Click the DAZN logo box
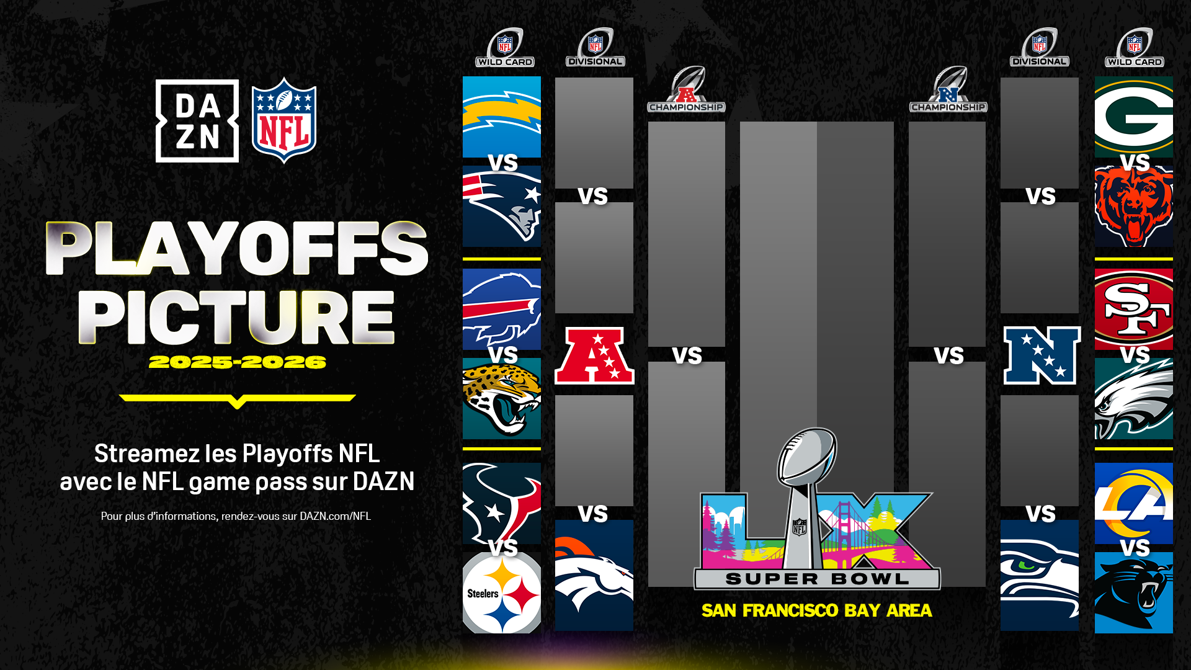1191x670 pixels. point(197,121)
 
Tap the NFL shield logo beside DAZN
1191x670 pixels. point(284,120)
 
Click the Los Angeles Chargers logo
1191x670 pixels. point(502,117)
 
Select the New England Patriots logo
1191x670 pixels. point(502,207)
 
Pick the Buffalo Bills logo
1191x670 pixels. point(502,308)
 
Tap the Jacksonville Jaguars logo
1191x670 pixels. point(502,399)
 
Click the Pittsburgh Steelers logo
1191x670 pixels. point(502,593)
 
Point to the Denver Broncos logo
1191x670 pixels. point(594,575)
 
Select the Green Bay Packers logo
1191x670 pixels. point(1133,117)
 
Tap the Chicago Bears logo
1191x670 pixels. point(1133,207)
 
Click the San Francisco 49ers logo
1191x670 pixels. point(1133,308)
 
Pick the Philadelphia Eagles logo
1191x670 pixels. point(1133,399)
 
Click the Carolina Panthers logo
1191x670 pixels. point(1133,593)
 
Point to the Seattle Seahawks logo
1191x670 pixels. point(1039,575)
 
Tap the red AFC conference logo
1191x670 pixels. point(594,355)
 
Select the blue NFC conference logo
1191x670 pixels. point(1042,355)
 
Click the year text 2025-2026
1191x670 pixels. point(237,362)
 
